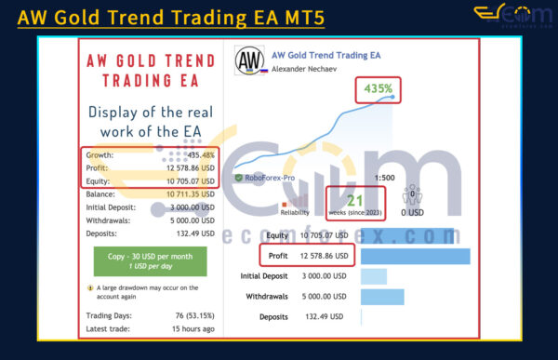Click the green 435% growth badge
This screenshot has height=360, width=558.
click(x=378, y=90)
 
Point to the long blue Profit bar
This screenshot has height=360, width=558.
click(x=414, y=256)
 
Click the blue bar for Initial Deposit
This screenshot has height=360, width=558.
click(x=372, y=276)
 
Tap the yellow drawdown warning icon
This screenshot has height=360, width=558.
click(x=89, y=287)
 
